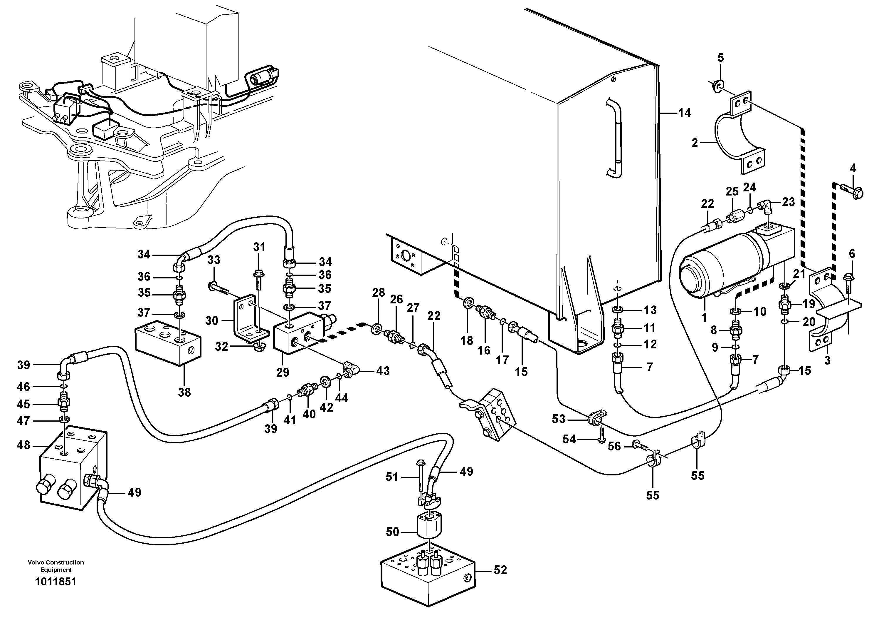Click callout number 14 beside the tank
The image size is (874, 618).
pyautogui.click(x=684, y=113)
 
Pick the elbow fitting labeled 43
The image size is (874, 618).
pyautogui.click(x=349, y=370)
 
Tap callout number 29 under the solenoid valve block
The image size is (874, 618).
pyautogui.click(x=283, y=372)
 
